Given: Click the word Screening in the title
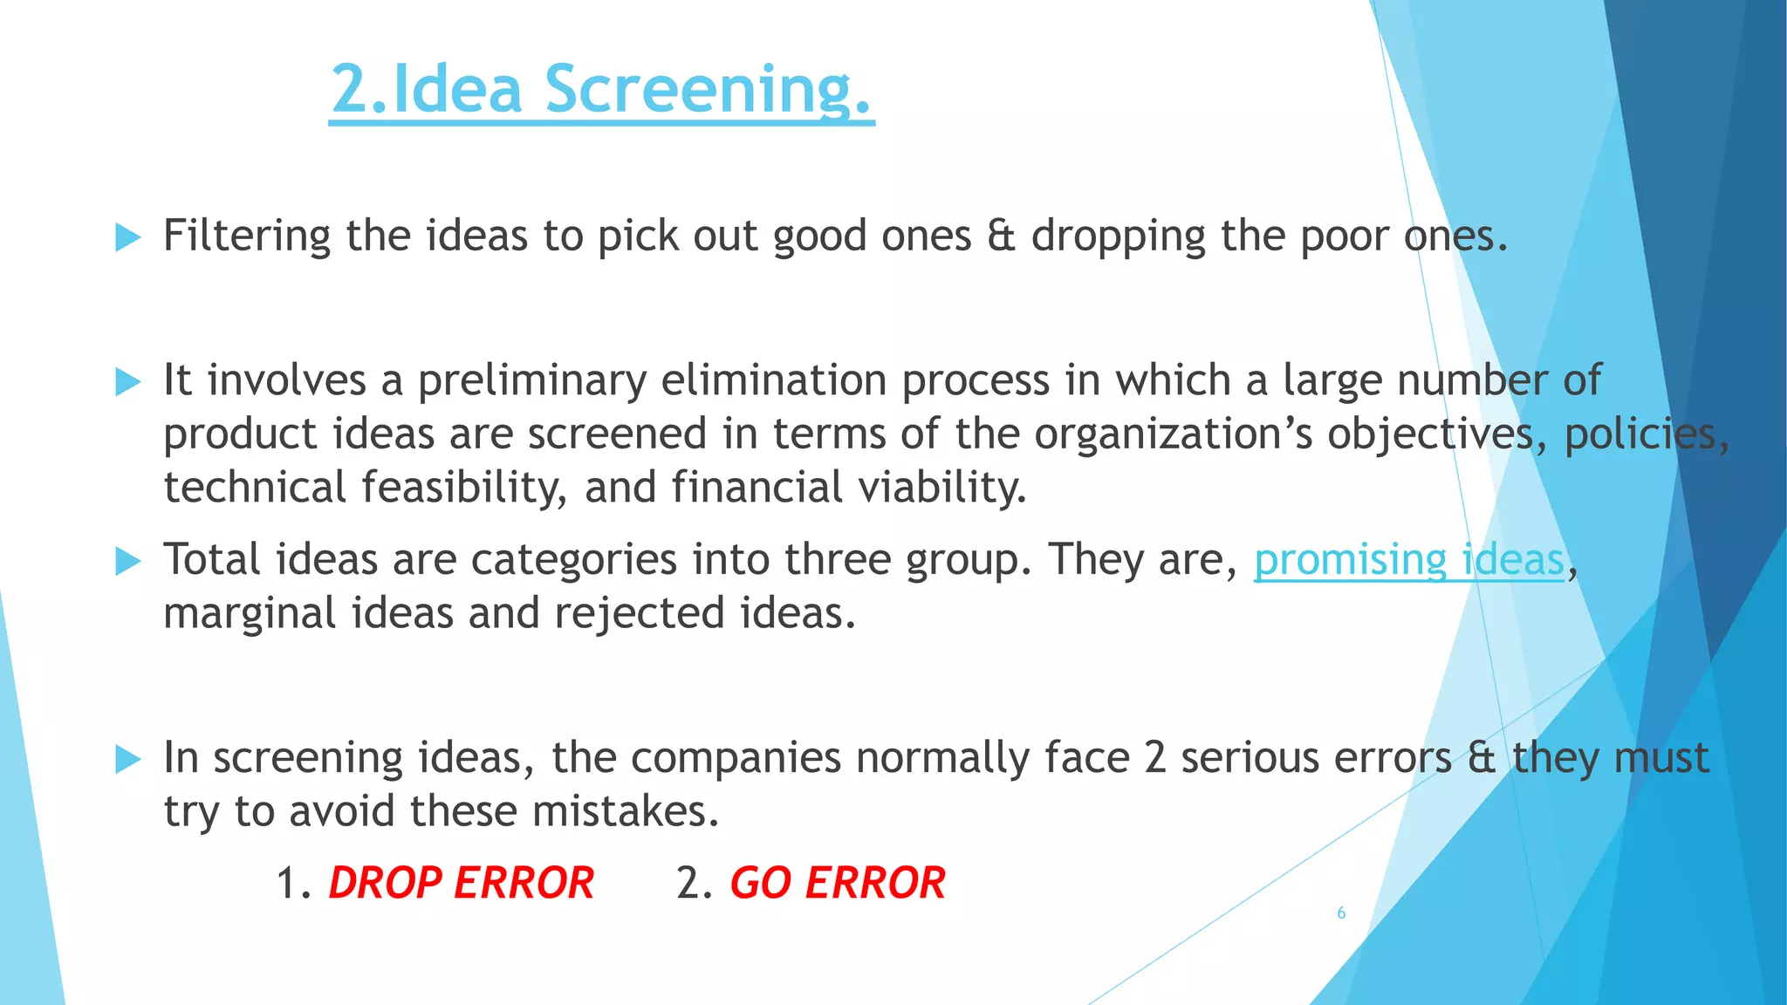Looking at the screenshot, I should click(708, 89).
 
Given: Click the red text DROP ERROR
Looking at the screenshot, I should click(461, 883).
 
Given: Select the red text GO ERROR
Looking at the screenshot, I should click(838, 883).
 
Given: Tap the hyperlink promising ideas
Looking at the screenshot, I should click(1408, 560).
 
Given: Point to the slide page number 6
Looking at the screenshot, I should click(1341, 913).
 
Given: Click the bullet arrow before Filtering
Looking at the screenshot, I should click(127, 236).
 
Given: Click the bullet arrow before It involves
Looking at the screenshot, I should click(127, 381).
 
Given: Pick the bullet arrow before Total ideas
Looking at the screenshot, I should click(127, 561).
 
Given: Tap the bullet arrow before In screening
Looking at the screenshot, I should click(127, 759).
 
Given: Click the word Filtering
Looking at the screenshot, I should click(247, 236).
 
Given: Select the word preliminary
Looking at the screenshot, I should click(532, 381).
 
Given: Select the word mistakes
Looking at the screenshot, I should click(626, 811).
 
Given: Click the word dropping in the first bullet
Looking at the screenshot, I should click(1119, 236).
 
